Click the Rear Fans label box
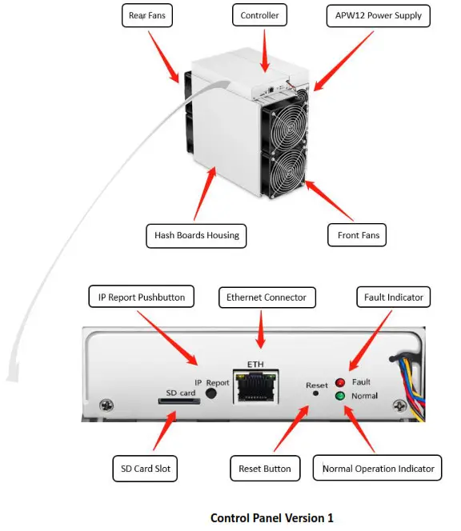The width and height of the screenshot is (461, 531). click(150, 15)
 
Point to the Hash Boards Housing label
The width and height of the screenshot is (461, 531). click(196, 235)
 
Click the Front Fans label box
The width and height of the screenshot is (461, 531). click(358, 235)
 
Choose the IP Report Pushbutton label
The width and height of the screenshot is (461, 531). click(141, 297)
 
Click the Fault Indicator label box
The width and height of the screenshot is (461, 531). click(393, 297)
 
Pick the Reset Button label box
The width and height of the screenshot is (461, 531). click(265, 468)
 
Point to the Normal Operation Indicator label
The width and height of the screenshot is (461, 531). click(377, 468)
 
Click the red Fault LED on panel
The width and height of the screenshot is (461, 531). click(339, 382)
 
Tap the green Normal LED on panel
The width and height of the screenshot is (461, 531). click(339, 395)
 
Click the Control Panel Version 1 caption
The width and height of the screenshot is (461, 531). click(271, 517)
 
